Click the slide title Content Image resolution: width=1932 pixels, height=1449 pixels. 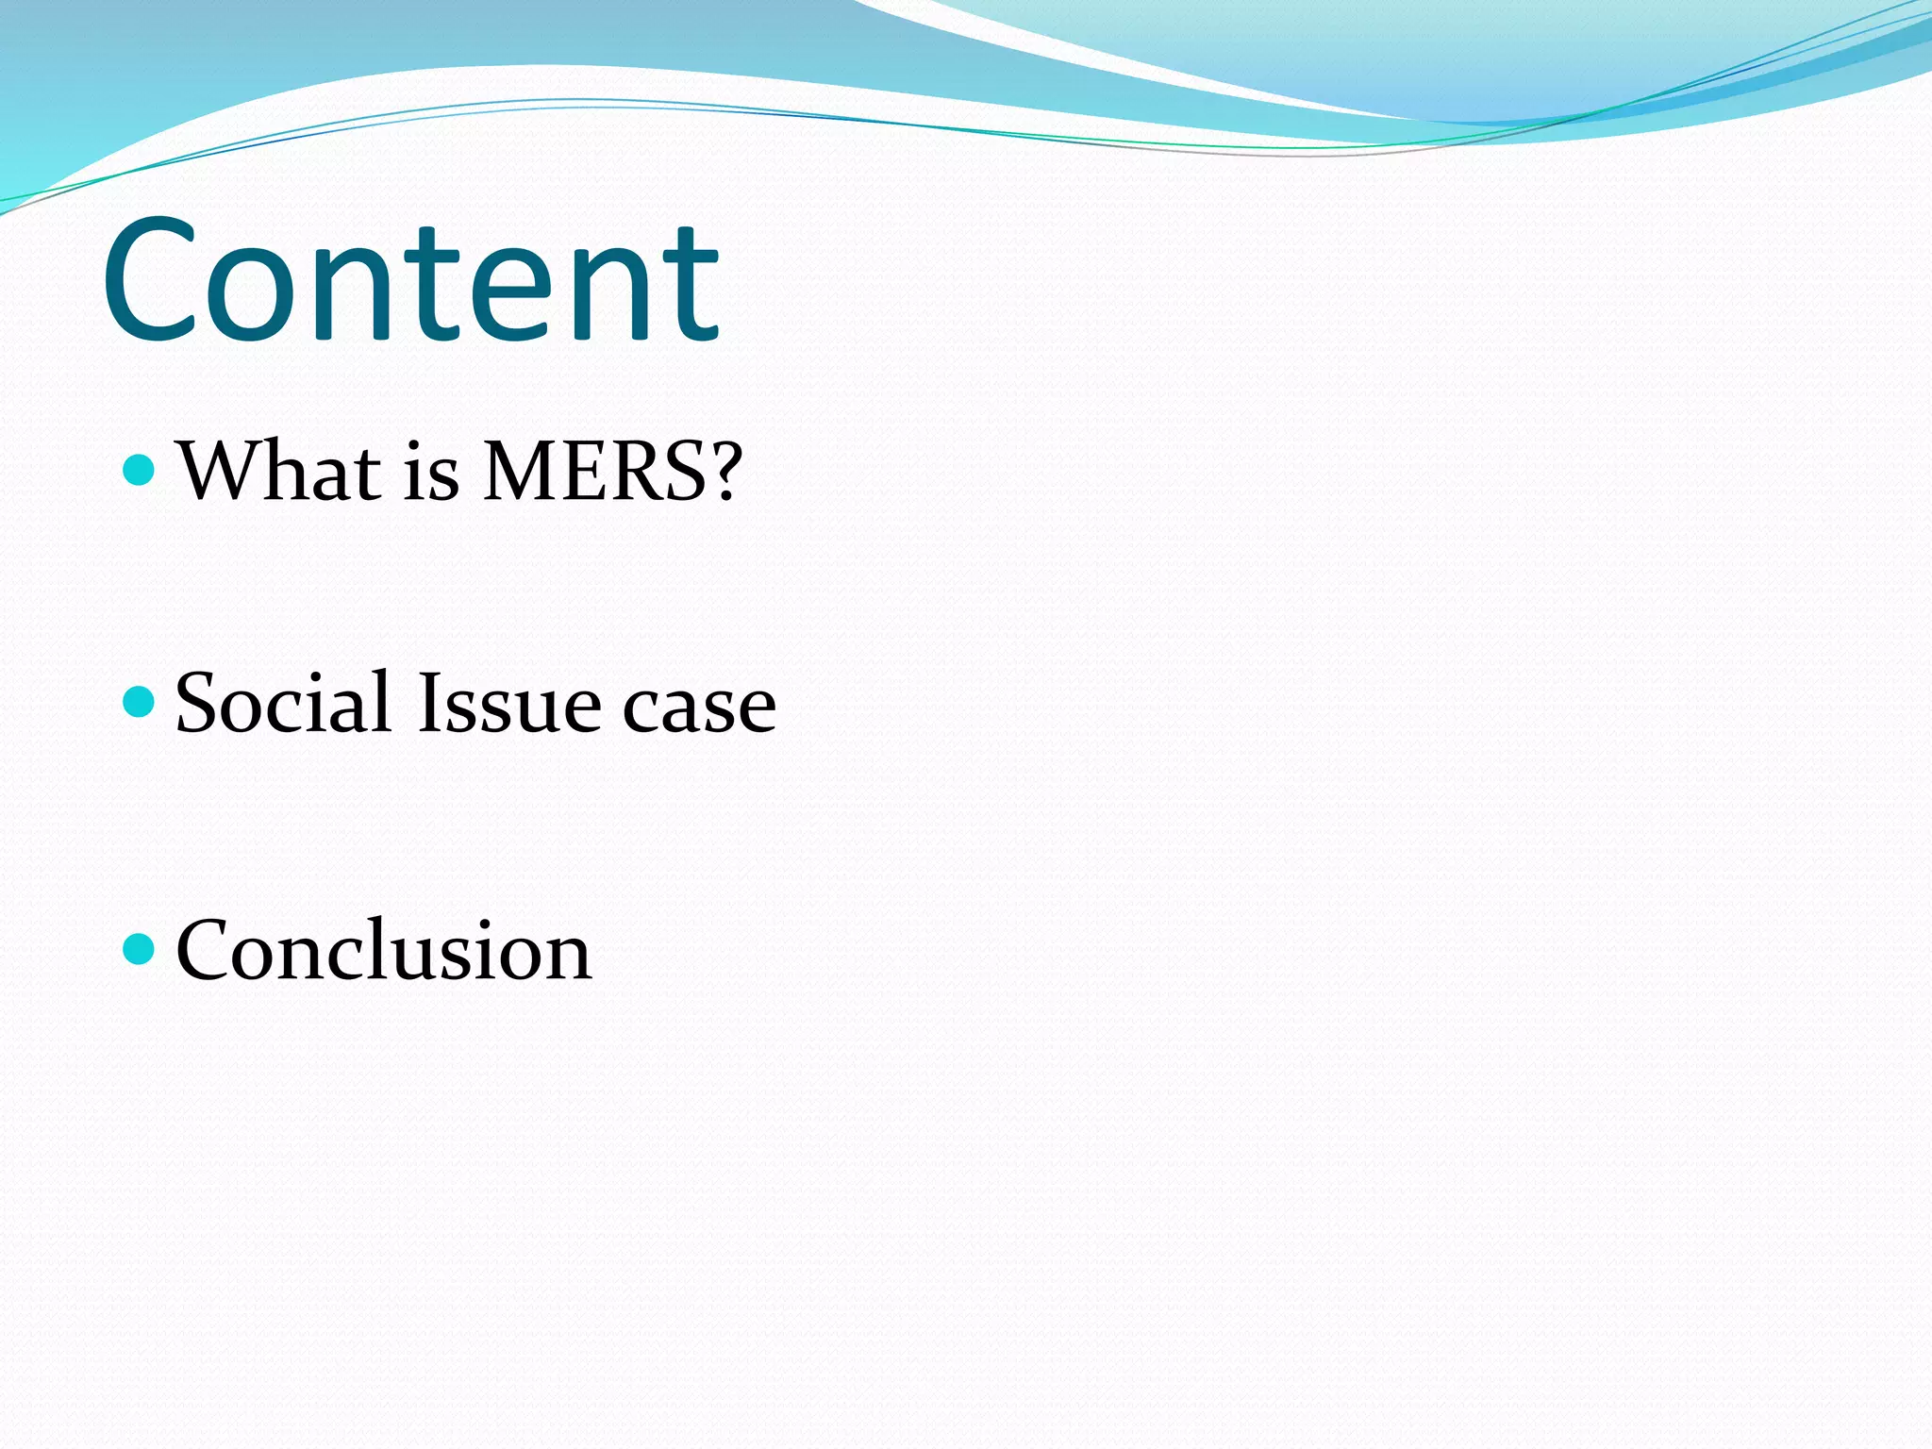point(411,280)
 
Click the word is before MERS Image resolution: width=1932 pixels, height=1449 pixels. point(431,472)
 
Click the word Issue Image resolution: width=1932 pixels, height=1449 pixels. point(508,703)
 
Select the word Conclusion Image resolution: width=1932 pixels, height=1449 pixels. point(383,950)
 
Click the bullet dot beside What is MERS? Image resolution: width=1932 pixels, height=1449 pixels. point(139,469)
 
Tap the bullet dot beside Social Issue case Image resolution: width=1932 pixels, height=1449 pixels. point(139,701)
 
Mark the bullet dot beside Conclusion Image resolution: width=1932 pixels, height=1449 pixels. point(139,949)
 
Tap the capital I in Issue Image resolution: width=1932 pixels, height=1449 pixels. point(427,703)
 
